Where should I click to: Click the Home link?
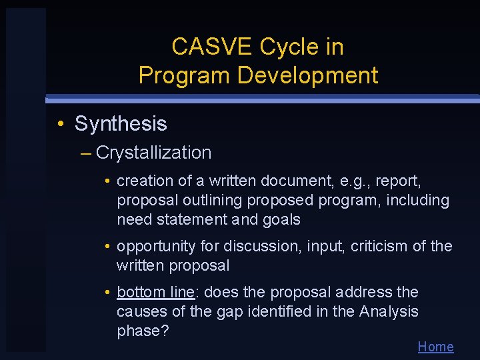tap(435, 347)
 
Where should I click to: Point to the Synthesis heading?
tap(121, 123)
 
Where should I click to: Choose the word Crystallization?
tap(153, 153)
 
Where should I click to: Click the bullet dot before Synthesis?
tap(60, 124)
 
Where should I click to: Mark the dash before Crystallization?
tap(85, 153)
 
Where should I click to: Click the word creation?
tap(141, 181)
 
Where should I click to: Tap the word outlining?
tap(209, 200)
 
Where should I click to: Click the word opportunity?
tap(157, 247)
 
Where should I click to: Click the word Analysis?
tap(389, 311)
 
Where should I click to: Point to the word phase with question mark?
tap(141, 331)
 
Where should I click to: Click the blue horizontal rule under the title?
tap(263, 99)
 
